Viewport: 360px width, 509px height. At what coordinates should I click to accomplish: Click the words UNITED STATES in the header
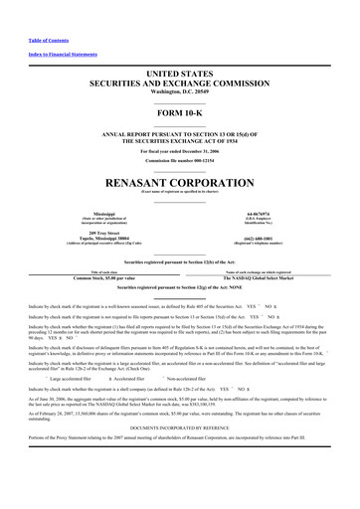[x=180, y=74]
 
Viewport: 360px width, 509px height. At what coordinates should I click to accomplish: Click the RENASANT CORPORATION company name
[x=180, y=184]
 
